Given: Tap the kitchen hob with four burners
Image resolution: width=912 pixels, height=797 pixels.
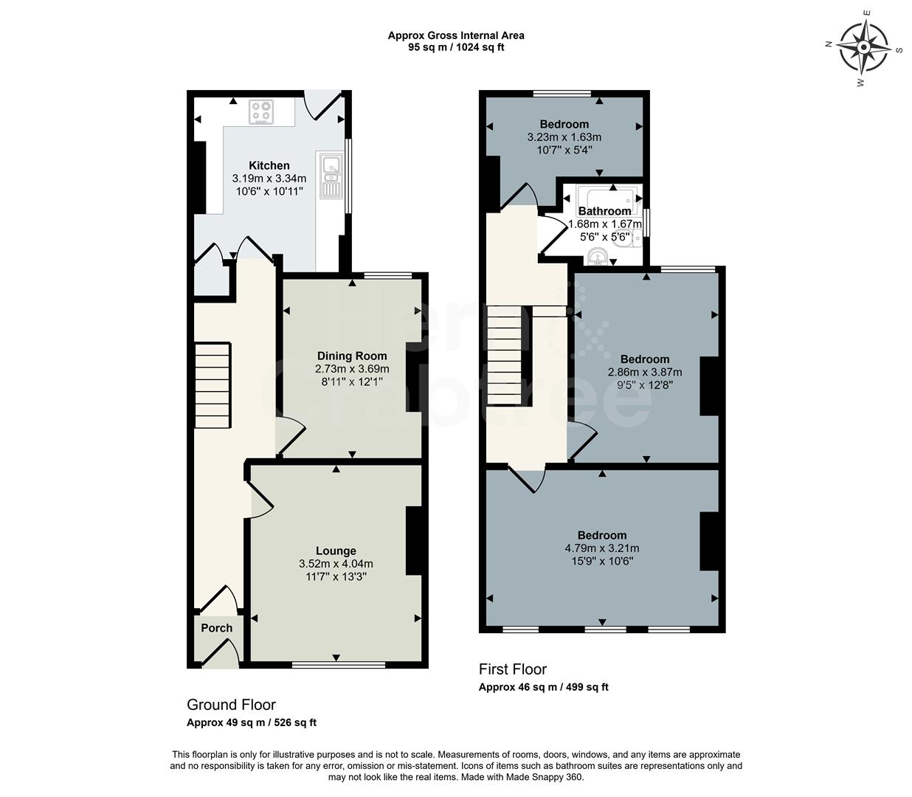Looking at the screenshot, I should pyautogui.click(x=260, y=111).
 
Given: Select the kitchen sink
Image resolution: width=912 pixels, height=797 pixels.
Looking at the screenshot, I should pyautogui.click(x=330, y=176).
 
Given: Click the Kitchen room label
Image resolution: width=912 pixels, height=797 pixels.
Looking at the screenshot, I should pyautogui.click(x=269, y=165).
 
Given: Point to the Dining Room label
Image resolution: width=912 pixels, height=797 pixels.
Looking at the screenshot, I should pyautogui.click(x=352, y=356).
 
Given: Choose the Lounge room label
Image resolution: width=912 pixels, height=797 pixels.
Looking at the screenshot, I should pyautogui.click(x=336, y=551).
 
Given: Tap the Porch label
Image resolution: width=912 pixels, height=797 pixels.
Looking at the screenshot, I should pyautogui.click(x=217, y=628).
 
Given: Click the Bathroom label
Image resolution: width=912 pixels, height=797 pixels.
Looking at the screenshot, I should pyautogui.click(x=604, y=211).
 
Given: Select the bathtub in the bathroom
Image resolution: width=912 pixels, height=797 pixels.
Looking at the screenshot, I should pyautogui.click(x=609, y=197).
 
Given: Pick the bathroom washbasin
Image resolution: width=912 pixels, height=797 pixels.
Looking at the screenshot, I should pyautogui.click(x=598, y=257).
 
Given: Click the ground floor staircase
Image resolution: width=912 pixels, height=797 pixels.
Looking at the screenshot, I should pyautogui.click(x=213, y=385).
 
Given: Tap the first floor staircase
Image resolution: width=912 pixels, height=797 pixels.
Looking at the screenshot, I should pyautogui.click(x=505, y=355).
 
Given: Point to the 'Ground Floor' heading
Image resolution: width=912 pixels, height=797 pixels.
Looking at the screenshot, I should pyautogui.click(x=231, y=705).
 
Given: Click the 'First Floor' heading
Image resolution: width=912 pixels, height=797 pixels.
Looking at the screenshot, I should pyautogui.click(x=513, y=669).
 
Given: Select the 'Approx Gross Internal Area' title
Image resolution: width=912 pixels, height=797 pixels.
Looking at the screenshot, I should pyautogui.click(x=456, y=35).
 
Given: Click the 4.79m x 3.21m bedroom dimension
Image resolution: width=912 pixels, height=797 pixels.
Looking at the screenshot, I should pyautogui.click(x=602, y=548).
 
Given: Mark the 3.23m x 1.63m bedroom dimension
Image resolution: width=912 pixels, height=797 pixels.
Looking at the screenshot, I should pyautogui.click(x=564, y=137).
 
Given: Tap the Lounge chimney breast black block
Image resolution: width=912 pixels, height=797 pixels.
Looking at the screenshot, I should pyautogui.click(x=414, y=540).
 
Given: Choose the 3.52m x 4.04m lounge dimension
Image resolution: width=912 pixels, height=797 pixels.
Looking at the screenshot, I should pyautogui.click(x=336, y=564).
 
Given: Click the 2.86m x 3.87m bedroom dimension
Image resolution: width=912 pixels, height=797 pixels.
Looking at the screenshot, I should pyautogui.click(x=645, y=373).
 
